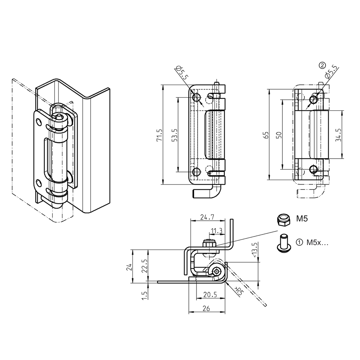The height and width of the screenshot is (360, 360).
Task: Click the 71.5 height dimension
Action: click(159, 135)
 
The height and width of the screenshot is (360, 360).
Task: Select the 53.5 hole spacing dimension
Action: click(174, 135)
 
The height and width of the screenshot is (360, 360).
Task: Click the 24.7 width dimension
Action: click(207, 218)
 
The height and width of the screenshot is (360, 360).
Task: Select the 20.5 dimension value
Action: click(210, 295)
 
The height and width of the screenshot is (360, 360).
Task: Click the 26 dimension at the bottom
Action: click(206, 308)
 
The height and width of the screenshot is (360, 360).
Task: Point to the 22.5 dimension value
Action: click(144, 266)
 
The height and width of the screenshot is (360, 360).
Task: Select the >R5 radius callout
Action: click(239, 290)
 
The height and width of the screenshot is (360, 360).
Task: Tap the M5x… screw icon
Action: click(283, 243)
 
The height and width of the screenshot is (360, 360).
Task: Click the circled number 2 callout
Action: click(322, 65)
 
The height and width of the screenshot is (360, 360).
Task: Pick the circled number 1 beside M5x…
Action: click(299, 242)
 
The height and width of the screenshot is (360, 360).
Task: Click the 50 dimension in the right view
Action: click(278, 135)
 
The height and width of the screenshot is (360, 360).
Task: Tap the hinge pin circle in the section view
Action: click(218, 271)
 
